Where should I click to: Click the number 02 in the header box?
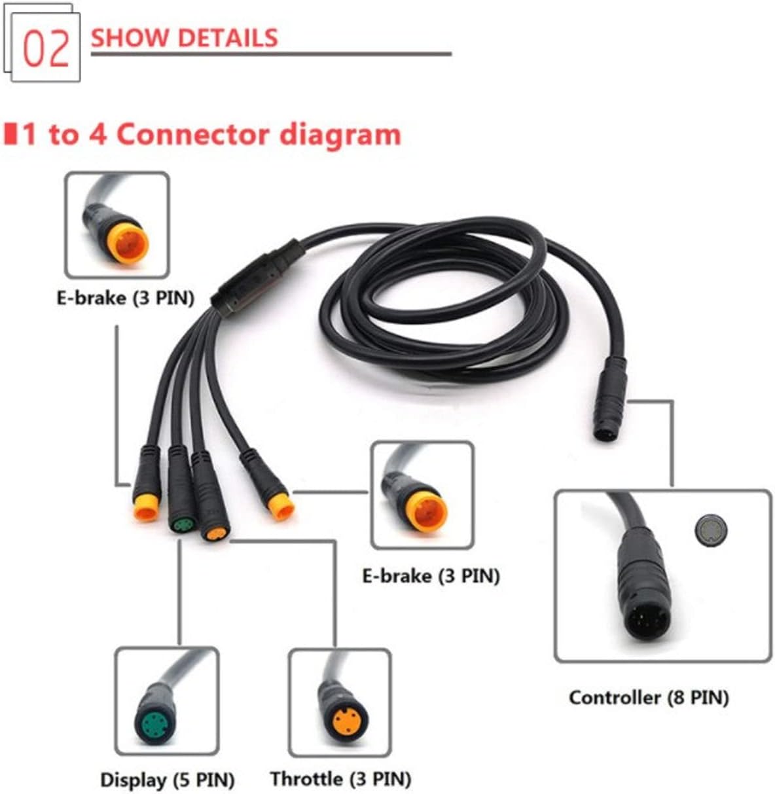tap(46, 48)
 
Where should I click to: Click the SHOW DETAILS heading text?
tap(185, 37)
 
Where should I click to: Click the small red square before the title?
tap(10, 134)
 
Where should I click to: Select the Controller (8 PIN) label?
tap(648, 697)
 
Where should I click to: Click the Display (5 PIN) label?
tap(167, 780)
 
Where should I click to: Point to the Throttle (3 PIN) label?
tap(340, 779)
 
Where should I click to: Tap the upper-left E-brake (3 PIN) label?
tap(125, 298)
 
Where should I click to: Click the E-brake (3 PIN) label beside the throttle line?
tap(431, 576)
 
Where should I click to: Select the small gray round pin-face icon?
tap(710, 530)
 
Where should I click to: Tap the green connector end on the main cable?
tap(182, 526)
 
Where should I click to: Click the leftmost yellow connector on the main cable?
tap(146, 507)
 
